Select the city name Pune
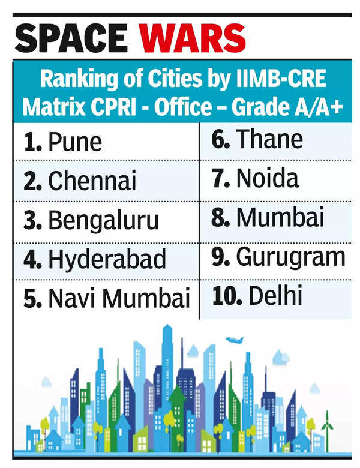pyautogui.click(x=75, y=142)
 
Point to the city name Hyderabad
pyautogui.click(x=107, y=260)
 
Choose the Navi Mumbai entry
pyautogui.click(x=119, y=298)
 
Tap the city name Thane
pyautogui.click(x=269, y=139)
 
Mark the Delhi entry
pyautogui.click(x=269, y=295)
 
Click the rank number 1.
pyautogui.click(x=31, y=142)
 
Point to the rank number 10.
pyautogui.click(x=220, y=295)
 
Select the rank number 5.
pyautogui.click(x=31, y=298)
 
